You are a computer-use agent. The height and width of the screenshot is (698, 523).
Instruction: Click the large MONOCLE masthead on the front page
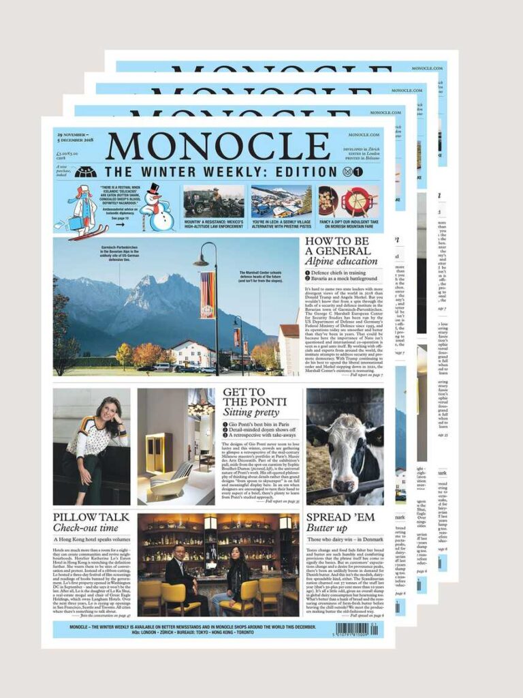218,146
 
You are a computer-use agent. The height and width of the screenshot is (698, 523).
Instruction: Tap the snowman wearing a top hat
157,209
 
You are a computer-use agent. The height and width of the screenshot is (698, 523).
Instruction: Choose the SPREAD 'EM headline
340,517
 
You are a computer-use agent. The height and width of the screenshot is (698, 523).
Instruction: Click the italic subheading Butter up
327,528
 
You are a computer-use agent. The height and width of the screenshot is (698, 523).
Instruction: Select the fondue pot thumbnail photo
347,202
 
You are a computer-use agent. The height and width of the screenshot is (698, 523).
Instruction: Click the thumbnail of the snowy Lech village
281,202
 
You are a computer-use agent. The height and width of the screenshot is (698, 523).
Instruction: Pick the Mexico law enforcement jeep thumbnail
213,202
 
